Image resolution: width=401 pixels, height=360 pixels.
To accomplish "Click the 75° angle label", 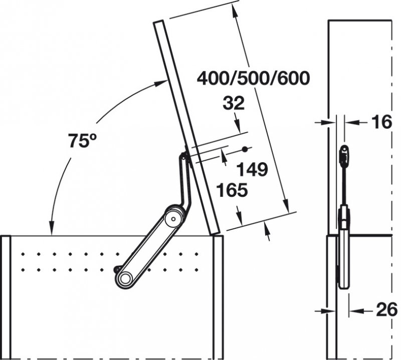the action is click(x=83, y=141).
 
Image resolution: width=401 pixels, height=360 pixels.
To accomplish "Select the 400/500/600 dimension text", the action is click(x=254, y=78).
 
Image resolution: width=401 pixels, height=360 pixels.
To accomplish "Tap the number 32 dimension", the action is click(x=234, y=103).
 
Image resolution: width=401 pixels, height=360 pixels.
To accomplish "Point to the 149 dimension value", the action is click(x=253, y=169).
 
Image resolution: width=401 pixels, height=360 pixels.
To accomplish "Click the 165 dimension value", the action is click(x=232, y=190).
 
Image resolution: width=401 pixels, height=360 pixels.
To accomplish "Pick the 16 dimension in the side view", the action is click(x=382, y=122).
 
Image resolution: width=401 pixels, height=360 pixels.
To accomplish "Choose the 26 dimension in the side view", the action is click(x=386, y=309).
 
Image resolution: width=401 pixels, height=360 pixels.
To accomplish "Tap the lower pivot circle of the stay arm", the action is click(x=125, y=278).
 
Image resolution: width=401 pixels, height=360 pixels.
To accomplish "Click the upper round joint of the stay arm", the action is click(x=173, y=219).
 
